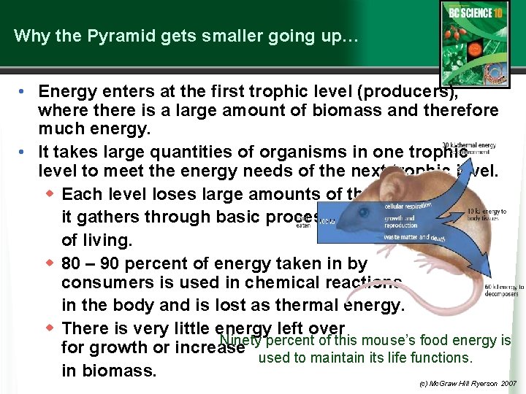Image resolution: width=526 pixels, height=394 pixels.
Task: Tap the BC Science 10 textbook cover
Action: point(474,44)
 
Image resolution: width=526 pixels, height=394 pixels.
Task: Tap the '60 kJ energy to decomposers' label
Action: point(504,290)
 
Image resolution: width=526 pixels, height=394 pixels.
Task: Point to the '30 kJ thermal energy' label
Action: point(469,149)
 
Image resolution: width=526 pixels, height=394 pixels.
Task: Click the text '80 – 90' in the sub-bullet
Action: point(90,263)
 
